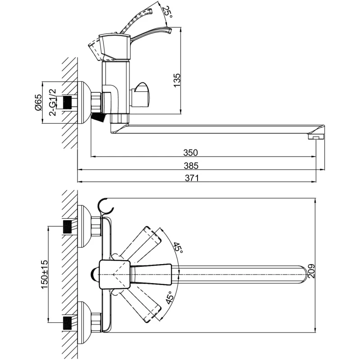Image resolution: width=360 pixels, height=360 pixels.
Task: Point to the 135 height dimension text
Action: tap(177, 80)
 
